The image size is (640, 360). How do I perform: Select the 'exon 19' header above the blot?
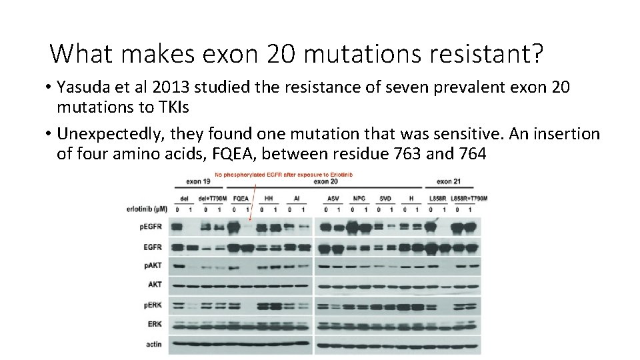click(198, 181)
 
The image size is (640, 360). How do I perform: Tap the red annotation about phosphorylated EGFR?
click(283, 175)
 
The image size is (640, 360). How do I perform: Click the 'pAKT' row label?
click(152, 266)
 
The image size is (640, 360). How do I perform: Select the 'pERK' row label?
click(152, 305)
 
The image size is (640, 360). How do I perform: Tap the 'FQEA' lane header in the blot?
click(241, 198)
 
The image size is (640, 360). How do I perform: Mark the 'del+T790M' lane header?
click(213, 198)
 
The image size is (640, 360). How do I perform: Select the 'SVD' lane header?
click(385, 198)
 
